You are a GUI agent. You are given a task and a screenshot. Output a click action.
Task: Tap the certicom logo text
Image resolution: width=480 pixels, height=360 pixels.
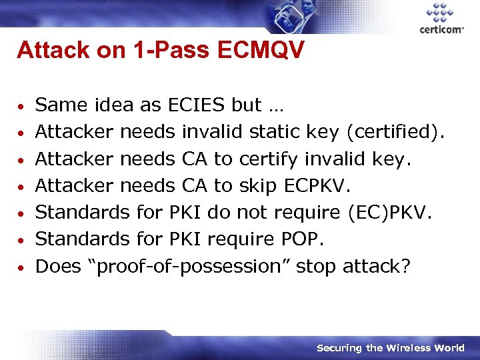pos(441,29)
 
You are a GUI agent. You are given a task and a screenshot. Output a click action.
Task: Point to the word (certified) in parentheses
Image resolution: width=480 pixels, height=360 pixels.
pos(394,131)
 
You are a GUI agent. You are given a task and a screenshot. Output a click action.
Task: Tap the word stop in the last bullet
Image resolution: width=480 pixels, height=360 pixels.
pos(316,266)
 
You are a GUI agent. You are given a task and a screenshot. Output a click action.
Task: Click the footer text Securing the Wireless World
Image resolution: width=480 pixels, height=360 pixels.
pos(390,347)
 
